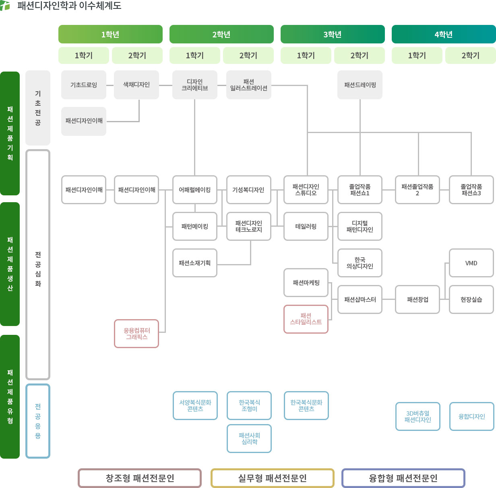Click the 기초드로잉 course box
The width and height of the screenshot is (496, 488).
84,85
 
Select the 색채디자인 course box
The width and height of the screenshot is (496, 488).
136,85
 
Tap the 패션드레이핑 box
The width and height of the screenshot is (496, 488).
360,85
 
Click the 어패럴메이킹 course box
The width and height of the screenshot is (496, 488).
195,190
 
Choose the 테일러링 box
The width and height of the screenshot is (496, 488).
306,226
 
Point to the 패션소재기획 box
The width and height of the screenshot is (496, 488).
195,263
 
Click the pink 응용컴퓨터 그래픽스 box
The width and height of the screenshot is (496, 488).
136,334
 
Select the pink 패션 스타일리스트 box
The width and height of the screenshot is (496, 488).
306,319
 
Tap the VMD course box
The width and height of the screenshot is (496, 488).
471,263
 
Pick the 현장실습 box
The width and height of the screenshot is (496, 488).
471,299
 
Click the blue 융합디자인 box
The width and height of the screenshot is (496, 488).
471,416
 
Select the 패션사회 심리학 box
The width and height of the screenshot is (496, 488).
249,439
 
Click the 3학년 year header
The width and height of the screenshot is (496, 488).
333,34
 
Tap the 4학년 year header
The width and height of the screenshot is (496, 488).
444,34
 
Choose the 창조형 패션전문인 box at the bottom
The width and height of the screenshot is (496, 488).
140,478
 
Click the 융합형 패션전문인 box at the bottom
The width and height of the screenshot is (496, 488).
403,478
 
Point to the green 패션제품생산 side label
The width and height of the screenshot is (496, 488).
10,264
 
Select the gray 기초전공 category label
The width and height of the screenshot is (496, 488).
38,108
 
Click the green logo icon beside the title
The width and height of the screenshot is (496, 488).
5,6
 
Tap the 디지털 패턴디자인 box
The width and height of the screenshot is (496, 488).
360,226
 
